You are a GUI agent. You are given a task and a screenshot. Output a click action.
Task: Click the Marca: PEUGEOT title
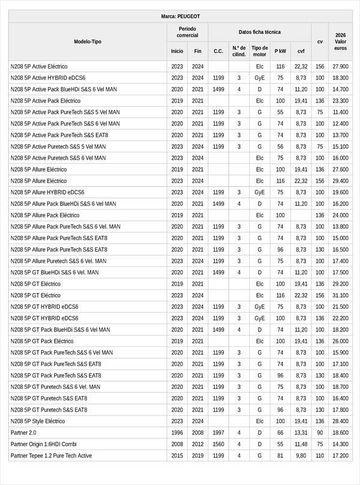point(181,16)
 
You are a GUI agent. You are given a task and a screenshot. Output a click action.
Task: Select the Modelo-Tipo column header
point(88,41)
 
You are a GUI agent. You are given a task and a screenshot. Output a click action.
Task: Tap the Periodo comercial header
point(187,32)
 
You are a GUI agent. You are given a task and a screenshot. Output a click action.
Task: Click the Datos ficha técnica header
point(259,32)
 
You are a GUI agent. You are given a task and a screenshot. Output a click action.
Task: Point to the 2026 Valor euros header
point(340,41)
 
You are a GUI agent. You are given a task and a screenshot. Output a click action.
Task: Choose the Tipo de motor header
point(260,51)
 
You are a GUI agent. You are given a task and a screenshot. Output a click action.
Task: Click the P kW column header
point(280,51)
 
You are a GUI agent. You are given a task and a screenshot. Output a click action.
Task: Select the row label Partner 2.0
point(23,432)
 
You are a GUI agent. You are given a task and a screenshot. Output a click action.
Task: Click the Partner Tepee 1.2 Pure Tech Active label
point(51,456)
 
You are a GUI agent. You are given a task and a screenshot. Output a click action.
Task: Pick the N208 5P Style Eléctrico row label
point(38,421)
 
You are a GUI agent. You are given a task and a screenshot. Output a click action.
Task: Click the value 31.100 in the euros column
point(340,295)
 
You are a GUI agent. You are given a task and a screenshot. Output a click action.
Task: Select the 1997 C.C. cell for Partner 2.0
point(218,432)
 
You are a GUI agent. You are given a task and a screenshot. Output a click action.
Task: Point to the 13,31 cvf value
point(301,432)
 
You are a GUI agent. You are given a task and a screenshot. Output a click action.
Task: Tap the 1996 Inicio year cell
point(177,432)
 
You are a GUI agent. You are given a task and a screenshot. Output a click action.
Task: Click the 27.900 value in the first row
point(340,67)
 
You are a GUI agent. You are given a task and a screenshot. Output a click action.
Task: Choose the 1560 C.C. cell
point(218,444)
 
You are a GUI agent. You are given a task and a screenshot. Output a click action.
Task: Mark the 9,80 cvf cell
point(301,456)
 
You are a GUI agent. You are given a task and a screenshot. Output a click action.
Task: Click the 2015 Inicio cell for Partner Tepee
point(177,456)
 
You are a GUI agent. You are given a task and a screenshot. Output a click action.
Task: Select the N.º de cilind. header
point(239,51)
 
